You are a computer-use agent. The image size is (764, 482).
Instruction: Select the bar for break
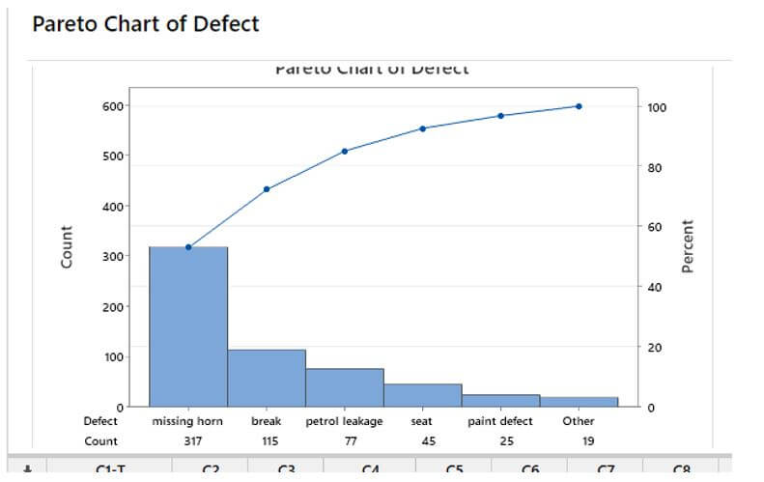[x=267, y=378]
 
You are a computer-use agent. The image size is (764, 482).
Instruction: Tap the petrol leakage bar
[x=345, y=387]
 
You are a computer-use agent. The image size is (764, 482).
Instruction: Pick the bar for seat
[x=423, y=395]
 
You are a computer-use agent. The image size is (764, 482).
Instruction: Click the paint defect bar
[x=500, y=400]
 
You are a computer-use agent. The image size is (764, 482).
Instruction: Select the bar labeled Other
[x=579, y=402]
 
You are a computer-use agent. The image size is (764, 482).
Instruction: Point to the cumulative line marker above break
[x=267, y=188]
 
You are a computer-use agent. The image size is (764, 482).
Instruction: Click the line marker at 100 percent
[x=579, y=106]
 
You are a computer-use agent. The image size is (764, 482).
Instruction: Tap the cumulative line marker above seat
[x=423, y=128]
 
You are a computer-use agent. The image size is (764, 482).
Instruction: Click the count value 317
[x=188, y=441]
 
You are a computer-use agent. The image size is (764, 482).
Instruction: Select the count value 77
[x=345, y=441]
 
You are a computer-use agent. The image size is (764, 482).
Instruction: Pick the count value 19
[x=579, y=441]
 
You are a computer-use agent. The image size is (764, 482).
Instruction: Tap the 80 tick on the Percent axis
[x=656, y=167]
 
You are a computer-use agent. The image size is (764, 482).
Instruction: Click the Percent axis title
[x=689, y=246]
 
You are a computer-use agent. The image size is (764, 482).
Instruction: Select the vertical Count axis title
[x=67, y=246]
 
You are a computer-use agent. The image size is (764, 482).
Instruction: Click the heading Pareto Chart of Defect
[x=145, y=23]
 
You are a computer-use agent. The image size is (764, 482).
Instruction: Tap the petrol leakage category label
[x=345, y=421]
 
